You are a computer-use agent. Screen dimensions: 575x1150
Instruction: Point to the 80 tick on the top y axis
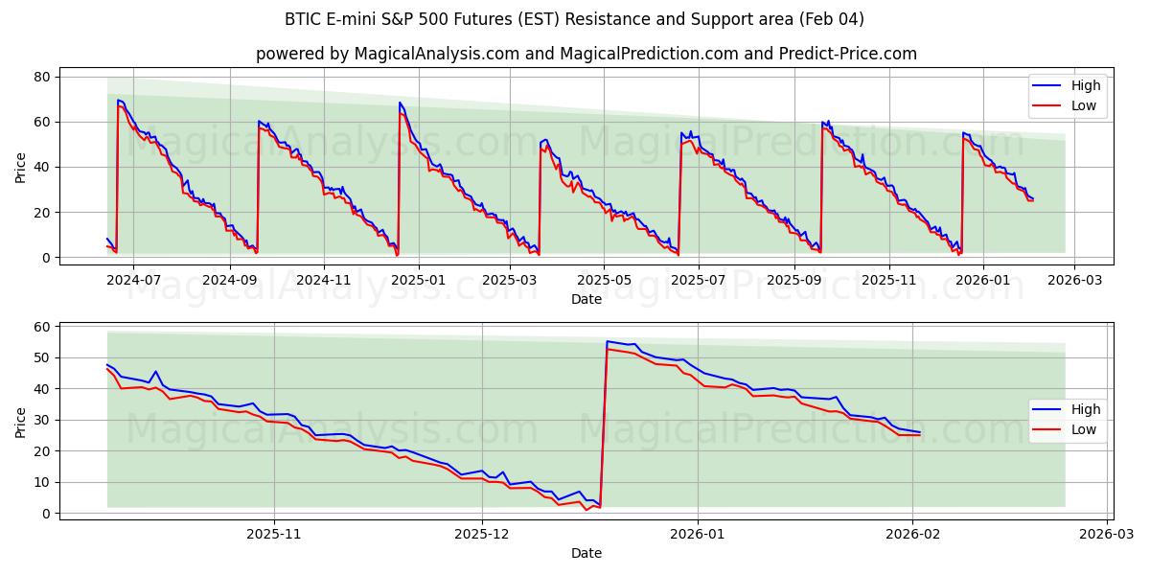(x=42, y=77)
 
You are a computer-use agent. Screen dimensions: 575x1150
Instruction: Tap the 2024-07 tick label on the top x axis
(x=133, y=280)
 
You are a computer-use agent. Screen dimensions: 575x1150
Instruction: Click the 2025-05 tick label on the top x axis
(x=604, y=280)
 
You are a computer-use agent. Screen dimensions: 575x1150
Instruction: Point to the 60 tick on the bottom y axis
(x=42, y=327)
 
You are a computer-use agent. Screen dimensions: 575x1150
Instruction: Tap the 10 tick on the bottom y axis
(x=42, y=483)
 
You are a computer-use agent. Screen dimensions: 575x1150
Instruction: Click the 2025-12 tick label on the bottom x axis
(x=483, y=534)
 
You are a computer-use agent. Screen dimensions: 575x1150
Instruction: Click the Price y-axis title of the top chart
(x=21, y=168)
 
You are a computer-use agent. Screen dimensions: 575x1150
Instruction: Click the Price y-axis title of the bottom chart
(x=21, y=423)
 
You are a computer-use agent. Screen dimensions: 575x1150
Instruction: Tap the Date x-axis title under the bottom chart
(x=586, y=553)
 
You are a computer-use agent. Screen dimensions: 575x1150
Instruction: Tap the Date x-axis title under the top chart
(x=586, y=299)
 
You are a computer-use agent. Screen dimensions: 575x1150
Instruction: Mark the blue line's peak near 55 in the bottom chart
(x=608, y=341)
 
